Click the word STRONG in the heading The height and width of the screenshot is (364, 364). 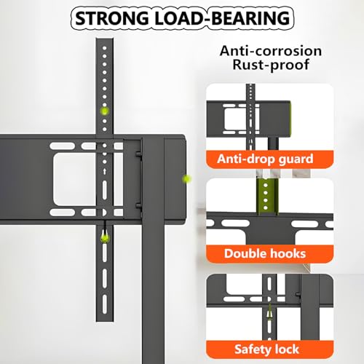pyautogui.click(x=112, y=18)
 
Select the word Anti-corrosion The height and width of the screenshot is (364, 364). pyautogui.click(x=271, y=51)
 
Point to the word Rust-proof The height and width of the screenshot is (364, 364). pyautogui.click(x=271, y=65)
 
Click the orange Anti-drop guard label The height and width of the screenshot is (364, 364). pyautogui.click(x=269, y=159)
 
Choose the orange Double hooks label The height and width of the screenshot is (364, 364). pyautogui.click(x=269, y=253)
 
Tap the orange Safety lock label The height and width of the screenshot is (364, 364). pyautogui.click(x=269, y=349)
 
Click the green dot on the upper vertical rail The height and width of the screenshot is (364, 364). pyautogui.click(x=105, y=111)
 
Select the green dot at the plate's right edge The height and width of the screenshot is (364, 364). pyautogui.click(x=186, y=179)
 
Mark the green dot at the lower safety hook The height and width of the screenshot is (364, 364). pyautogui.click(x=105, y=238)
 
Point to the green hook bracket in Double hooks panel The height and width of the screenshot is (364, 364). pyautogui.click(x=267, y=197)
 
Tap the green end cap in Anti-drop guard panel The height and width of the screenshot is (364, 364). pyautogui.click(x=289, y=119)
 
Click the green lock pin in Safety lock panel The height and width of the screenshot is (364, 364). pyautogui.click(x=269, y=314)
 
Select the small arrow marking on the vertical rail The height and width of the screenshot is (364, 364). pyautogui.click(x=105, y=172)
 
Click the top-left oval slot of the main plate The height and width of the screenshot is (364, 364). pyautogui.click(x=63, y=146)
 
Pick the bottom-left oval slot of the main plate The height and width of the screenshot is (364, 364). pyautogui.click(x=63, y=213)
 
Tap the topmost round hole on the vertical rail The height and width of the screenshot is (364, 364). pyautogui.click(x=105, y=48)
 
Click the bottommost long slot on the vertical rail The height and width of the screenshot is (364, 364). pyautogui.click(x=105, y=304)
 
